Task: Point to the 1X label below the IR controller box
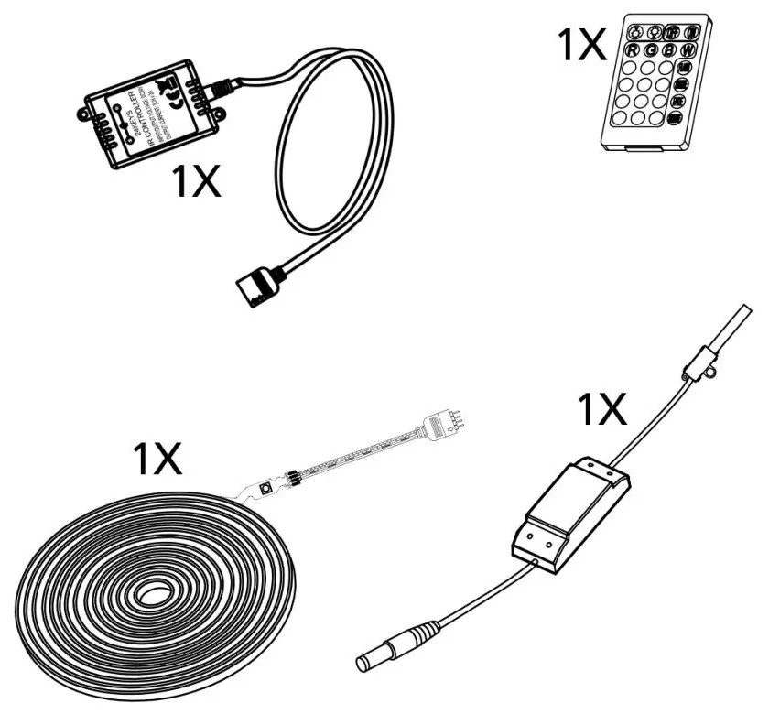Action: pos(198,182)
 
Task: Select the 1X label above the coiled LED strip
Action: pos(157,458)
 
